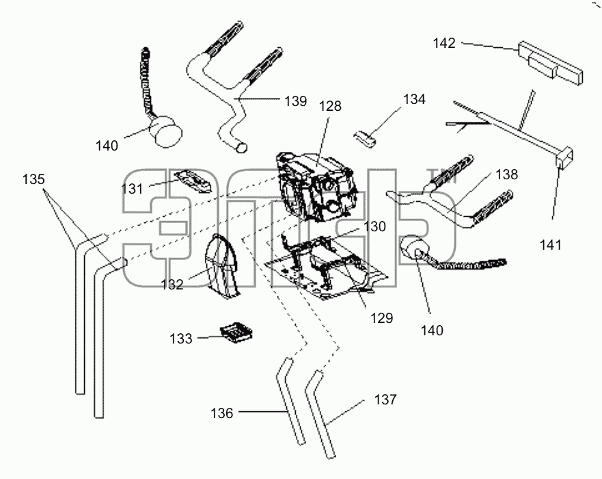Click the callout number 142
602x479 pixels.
point(444,43)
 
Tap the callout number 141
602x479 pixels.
point(551,245)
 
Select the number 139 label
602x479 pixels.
point(296,101)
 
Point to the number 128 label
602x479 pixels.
point(330,106)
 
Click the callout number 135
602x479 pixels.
point(33,179)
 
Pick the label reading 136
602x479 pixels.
point(222,413)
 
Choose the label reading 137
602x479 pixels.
point(385,400)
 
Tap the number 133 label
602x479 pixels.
point(181,339)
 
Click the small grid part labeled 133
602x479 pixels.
point(236,332)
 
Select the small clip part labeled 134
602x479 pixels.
point(365,138)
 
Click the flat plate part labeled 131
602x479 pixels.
point(193,181)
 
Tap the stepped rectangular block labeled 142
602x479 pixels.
point(550,63)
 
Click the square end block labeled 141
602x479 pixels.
point(564,158)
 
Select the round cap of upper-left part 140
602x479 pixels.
point(166,131)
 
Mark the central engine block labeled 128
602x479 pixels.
point(317,187)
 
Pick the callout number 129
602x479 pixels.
point(381,318)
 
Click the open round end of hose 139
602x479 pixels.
point(241,148)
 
